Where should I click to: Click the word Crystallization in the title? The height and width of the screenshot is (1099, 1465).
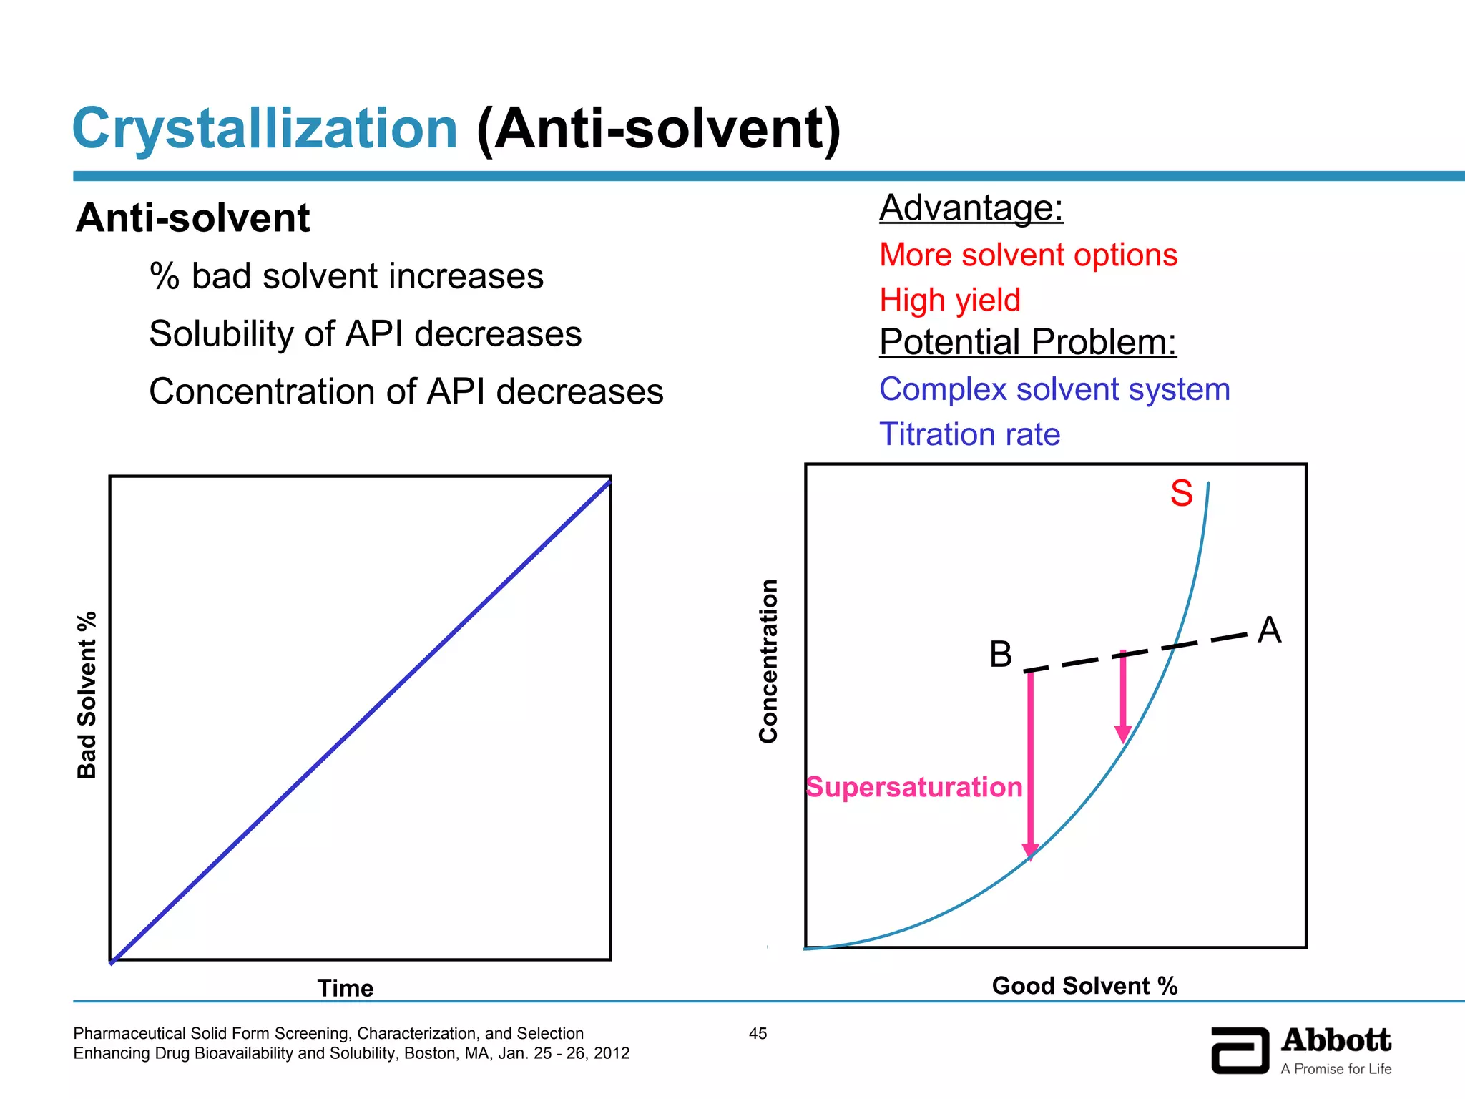(x=265, y=129)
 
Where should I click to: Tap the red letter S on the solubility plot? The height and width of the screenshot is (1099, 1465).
(x=1181, y=494)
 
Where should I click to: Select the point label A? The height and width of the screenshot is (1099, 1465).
(x=1269, y=630)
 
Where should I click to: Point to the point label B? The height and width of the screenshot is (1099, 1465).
(x=1001, y=654)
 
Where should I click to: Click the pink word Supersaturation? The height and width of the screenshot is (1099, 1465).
(x=914, y=787)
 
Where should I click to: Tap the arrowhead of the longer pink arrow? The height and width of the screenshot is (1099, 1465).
(x=1030, y=851)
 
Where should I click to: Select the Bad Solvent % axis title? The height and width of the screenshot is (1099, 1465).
(x=87, y=695)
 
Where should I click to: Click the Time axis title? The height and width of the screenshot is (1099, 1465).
(x=346, y=988)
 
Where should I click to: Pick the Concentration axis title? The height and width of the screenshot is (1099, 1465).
(x=768, y=661)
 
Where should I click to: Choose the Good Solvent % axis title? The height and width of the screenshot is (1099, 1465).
(x=1084, y=986)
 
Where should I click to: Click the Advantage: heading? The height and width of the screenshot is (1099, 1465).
(x=971, y=208)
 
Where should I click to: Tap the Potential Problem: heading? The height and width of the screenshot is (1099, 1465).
(x=1028, y=342)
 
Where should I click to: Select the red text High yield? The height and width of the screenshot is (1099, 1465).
(x=950, y=300)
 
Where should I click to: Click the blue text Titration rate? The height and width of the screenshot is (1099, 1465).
(x=969, y=434)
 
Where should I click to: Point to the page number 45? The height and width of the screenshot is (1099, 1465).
(x=758, y=1033)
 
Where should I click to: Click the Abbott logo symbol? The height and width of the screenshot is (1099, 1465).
(x=1240, y=1050)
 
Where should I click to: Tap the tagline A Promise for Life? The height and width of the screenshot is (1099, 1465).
(x=1336, y=1069)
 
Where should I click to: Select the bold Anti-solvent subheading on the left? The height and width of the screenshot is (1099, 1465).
(x=193, y=218)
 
